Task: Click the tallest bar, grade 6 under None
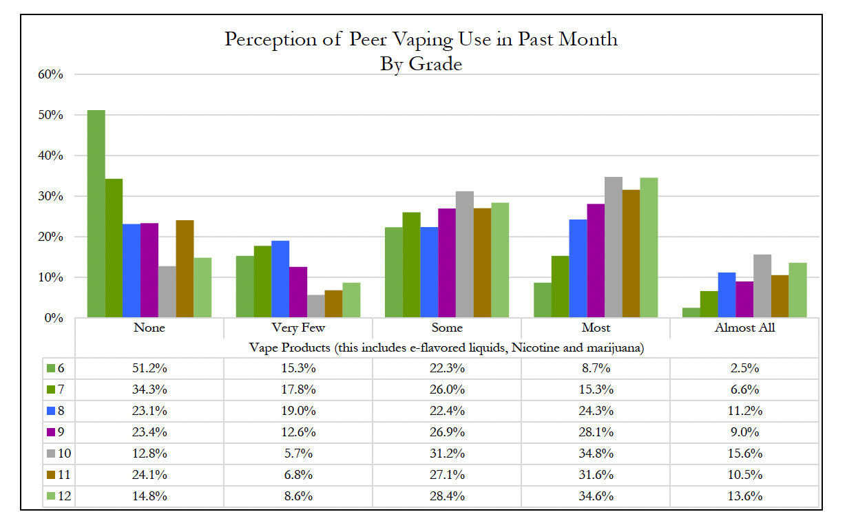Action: (96, 213)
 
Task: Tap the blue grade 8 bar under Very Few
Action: (280, 279)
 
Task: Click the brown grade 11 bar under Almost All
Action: (780, 297)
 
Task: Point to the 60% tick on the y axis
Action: (52, 74)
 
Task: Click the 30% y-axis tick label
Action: (52, 196)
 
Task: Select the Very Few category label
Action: (297, 328)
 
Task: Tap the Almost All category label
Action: (744, 328)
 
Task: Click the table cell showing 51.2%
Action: (149, 368)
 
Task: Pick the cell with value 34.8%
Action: (595, 454)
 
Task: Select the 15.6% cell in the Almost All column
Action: (744, 454)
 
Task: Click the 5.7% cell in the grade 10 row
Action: (297, 454)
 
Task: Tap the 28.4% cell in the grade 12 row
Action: (446, 497)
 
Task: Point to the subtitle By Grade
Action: (421, 64)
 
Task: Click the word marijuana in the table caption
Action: (613, 348)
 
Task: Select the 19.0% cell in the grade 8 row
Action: (297, 411)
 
